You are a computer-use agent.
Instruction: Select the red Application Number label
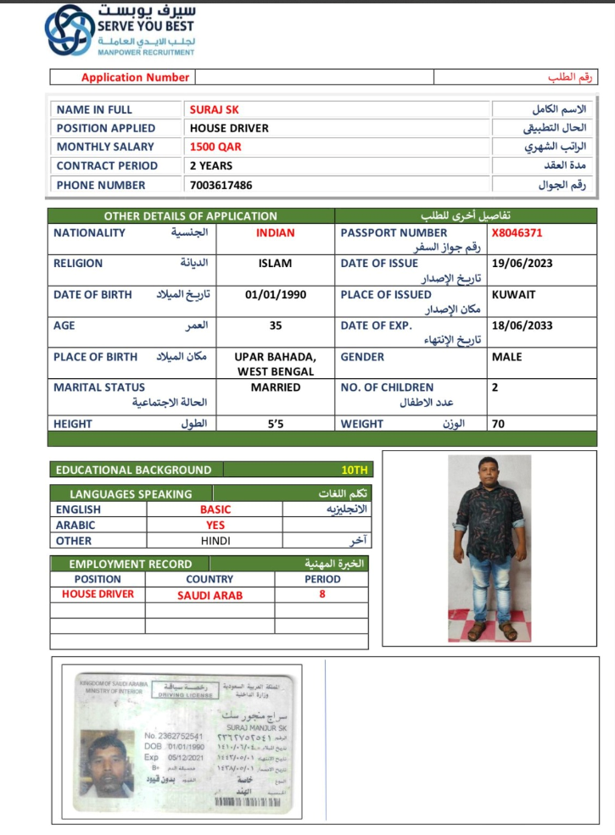point(135,77)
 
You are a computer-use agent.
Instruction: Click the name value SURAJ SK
point(214,109)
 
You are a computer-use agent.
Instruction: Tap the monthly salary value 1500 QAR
point(215,147)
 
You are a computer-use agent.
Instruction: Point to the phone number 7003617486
point(221,185)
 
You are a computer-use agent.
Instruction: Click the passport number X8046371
point(517,232)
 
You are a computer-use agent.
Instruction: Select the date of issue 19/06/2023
point(522,264)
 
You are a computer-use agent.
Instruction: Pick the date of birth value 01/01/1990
point(276,295)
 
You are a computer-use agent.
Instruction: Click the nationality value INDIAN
point(275,232)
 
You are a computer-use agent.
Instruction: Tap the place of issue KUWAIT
point(513,295)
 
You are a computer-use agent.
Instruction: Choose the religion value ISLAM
point(275,264)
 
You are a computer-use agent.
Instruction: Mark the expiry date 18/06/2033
point(522,326)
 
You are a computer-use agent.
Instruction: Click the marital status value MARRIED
point(276,387)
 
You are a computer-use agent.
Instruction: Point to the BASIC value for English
point(215,509)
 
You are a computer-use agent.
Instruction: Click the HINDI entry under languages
point(215,540)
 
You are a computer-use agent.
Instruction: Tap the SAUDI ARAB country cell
point(210,595)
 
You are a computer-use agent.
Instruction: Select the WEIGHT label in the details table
point(362,424)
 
